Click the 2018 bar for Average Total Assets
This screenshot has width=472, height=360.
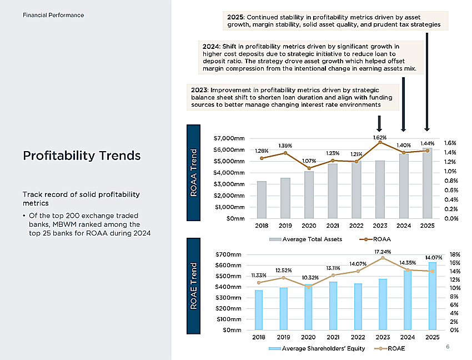click(x=262, y=200)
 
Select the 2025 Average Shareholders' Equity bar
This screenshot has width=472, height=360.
click(x=432, y=296)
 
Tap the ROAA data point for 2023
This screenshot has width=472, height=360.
click(x=380, y=142)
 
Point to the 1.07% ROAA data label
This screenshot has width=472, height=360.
click(x=309, y=161)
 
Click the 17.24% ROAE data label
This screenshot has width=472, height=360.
click(x=383, y=252)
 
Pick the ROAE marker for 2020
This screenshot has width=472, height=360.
click(x=308, y=287)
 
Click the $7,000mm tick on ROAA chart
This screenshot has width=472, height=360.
click(x=229, y=138)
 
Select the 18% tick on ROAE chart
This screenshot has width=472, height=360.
click(x=455, y=254)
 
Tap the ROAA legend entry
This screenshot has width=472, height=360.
click(x=375, y=239)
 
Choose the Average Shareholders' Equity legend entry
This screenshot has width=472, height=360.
click(x=317, y=348)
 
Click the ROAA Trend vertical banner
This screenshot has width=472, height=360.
click(x=194, y=173)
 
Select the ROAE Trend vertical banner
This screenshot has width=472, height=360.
click(x=194, y=286)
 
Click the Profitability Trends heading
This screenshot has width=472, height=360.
click(x=82, y=156)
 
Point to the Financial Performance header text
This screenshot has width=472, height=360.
click(x=53, y=15)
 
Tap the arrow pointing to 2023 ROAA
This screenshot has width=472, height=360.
click(x=379, y=123)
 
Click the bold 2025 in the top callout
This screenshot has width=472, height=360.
click(x=235, y=17)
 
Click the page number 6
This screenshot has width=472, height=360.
click(x=448, y=347)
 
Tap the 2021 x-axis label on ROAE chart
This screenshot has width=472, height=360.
click(x=333, y=337)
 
